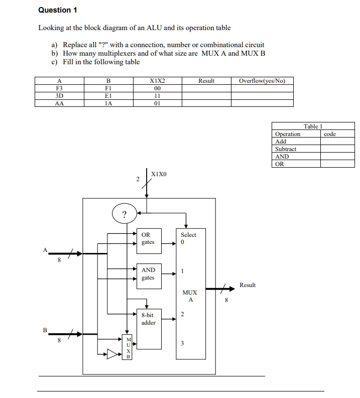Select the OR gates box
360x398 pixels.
pyautogui.click(x=149, y=238)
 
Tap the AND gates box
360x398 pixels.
pyautogui.click(x=149, y=274)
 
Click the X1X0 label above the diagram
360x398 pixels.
pyautogui.click(x=159, y=174)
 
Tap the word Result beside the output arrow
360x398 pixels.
pyautogui.click(x=248, y=285)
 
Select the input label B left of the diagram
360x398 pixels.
pyautogui.click(x=45, y=330)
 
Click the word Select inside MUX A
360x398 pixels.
pyautogui.click(x=188, y=235)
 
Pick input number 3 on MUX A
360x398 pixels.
pyautogui.click(x=183, y=344)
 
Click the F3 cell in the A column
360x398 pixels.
pyautogui.click(x=59, y=88)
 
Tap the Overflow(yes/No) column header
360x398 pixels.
pyautogui.click(x=262, y=81)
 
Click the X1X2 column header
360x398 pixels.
pyautogui.click(x=157, y=81)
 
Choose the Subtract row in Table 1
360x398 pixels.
pyautogui.click(x=286, y=149)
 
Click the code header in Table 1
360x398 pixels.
pyautogui.click(x=330, y=134)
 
